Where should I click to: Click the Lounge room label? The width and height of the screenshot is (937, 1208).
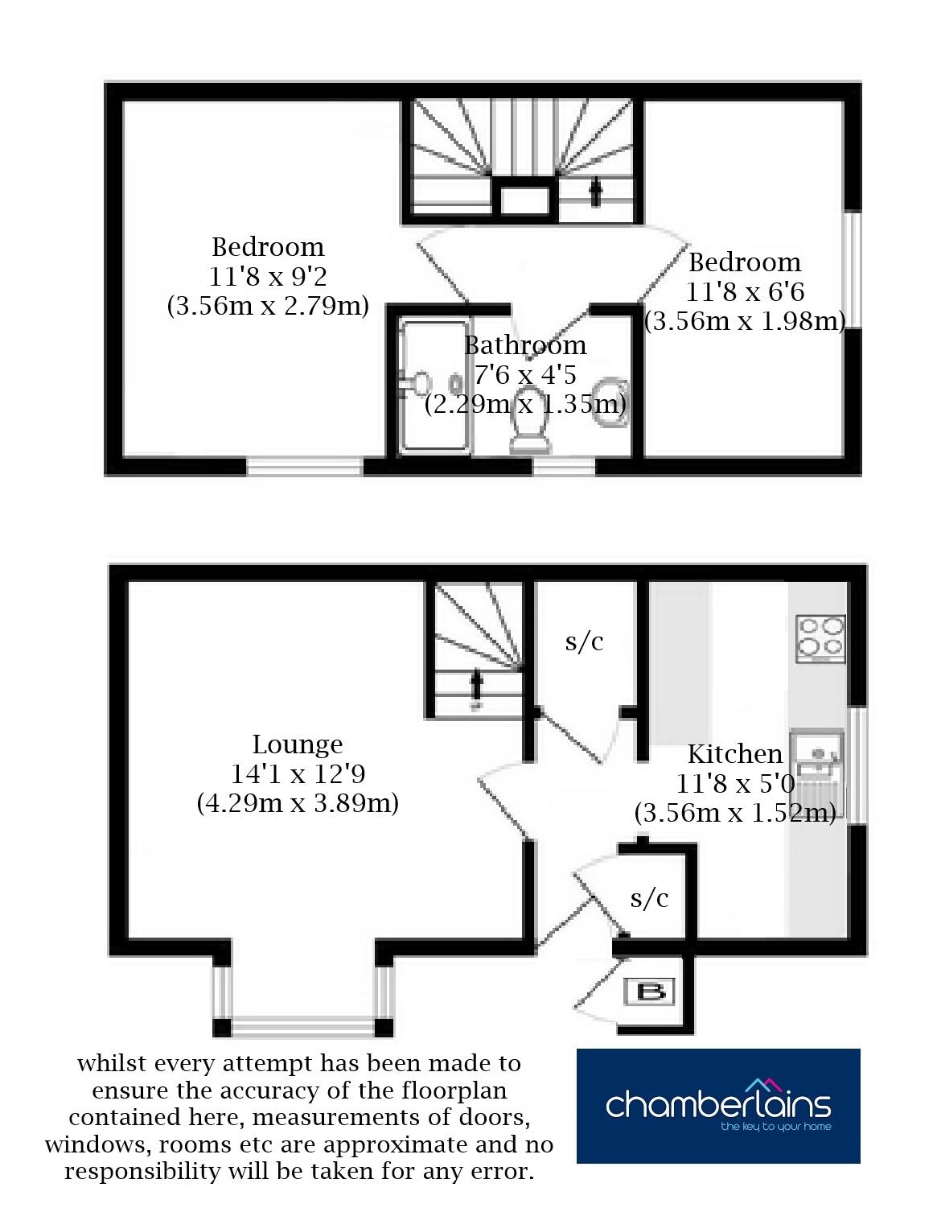(298, 744)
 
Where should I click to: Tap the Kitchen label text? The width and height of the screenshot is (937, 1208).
(735, 754)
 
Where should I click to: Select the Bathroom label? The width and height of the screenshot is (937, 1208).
(525, 345)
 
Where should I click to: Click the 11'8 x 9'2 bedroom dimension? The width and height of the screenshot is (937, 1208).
(268, 276)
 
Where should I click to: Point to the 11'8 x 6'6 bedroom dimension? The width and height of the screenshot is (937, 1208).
(745, 291)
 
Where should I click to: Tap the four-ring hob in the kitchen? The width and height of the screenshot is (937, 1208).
(820, 638)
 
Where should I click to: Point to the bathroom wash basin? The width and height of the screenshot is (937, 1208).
(610, 403)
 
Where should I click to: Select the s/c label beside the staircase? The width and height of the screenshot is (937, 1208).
(584, 641)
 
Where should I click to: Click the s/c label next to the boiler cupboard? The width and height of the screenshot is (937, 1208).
(649, 898)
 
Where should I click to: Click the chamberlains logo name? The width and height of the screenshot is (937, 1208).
(718, 1104)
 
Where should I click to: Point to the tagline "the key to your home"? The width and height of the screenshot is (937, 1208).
(775, 1126)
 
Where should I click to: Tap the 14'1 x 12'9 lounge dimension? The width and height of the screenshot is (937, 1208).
(298, 774)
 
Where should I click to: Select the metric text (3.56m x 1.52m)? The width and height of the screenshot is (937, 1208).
(735, 813)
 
